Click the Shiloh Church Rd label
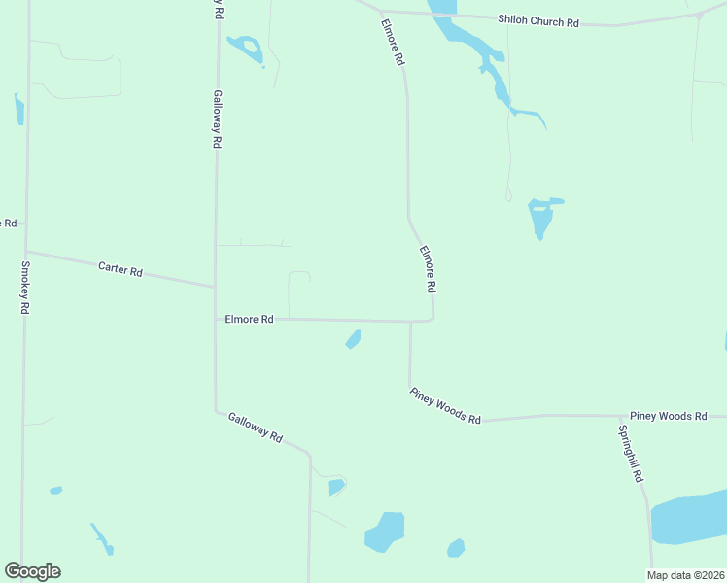point(537,19)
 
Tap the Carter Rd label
point(121,269)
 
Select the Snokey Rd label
point(25,287)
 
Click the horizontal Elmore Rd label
point(249,318)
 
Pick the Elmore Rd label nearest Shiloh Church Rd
point(393,43)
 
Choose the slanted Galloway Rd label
point(255,428)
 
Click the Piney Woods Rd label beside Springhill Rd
point(668,416)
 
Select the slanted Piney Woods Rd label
point(445,405)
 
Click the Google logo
point(32,571)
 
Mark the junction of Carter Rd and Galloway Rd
point(215,287)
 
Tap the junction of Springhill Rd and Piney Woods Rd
point(617,416)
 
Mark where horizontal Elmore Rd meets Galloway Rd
point(216,318)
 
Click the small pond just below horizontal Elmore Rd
point(353,339)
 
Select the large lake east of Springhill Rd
point(690,518)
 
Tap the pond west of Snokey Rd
point(18,108)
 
